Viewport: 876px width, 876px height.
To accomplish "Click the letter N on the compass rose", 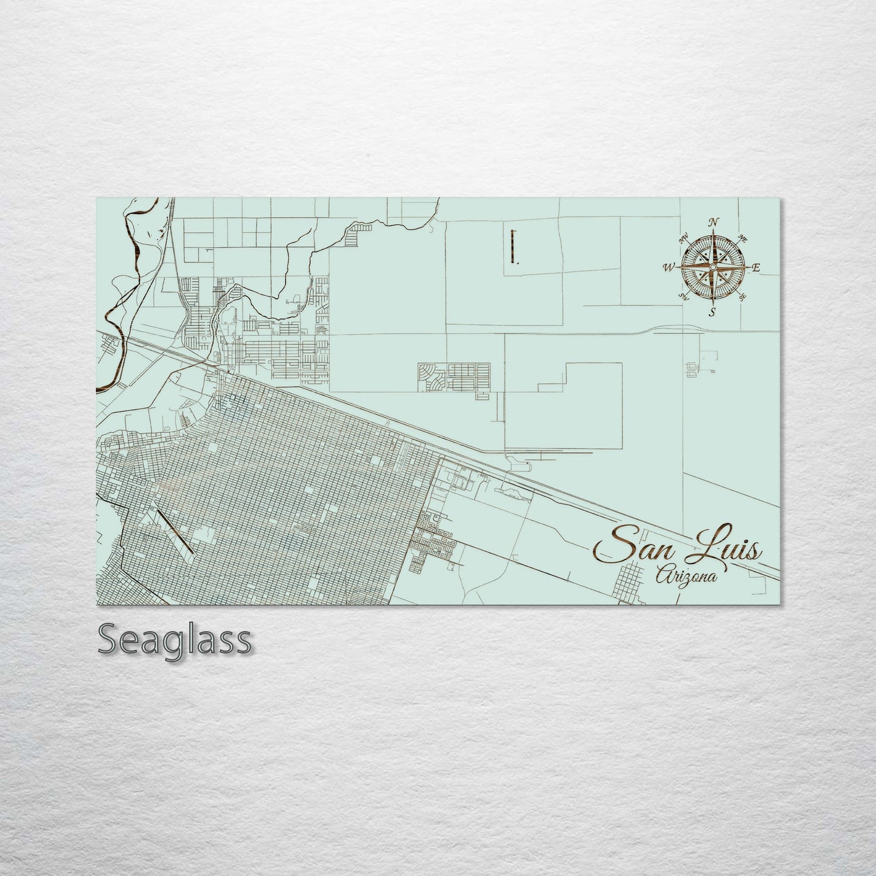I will coord(714,221).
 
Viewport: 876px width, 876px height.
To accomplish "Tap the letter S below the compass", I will coord(713,312).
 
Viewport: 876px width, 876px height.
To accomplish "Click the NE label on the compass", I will coord(743,237).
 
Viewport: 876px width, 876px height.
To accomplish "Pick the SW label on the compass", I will coord(684,296).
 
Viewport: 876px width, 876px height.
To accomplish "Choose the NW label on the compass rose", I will coord(685,238).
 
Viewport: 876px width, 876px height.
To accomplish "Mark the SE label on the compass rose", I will coord(742,296).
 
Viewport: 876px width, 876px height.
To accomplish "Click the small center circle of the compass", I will coord(714,267).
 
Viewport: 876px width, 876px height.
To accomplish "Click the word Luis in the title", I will coord(725,549).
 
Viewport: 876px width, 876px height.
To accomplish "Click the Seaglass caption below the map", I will coord(174,639).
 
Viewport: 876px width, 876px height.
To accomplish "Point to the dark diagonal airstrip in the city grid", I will coord(174,532).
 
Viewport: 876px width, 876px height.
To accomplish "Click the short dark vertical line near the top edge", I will coord(513,247).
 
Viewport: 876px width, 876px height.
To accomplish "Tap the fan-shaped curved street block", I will coord(431,377).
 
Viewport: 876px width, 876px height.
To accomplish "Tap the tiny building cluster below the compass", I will coord(691,368).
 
